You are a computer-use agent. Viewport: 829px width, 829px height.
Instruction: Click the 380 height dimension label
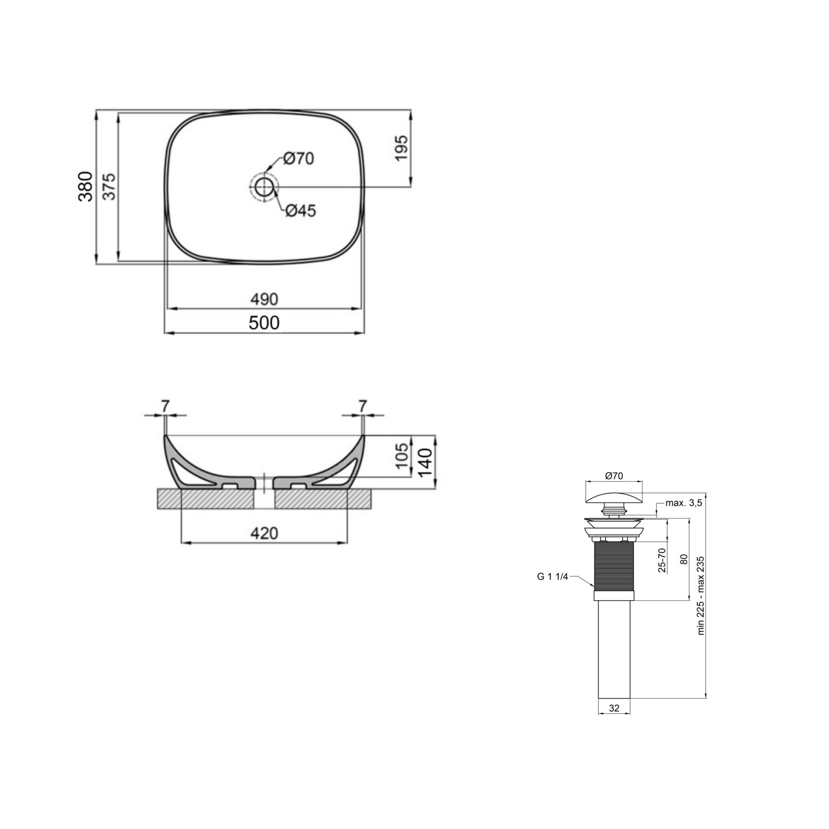85,187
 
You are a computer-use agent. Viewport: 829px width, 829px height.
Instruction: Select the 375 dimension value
109,187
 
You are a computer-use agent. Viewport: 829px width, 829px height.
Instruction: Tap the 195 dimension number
401,148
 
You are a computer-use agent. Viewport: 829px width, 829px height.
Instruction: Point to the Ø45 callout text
301,211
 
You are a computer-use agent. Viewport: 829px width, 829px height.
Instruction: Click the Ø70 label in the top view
298,158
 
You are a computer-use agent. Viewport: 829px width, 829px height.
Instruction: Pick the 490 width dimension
264,299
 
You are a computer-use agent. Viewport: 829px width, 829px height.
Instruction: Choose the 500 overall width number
264,323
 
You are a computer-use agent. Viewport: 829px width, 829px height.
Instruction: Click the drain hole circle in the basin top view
264,187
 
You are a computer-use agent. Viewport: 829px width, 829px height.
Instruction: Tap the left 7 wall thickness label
165,406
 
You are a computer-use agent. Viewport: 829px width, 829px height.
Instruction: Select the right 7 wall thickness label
363,406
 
